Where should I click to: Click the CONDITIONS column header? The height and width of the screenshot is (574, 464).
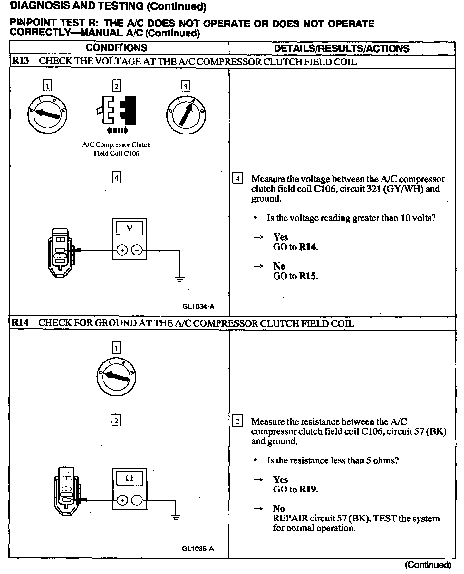click(x=116, y=48)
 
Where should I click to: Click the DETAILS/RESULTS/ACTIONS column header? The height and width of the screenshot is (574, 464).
click(x=342, y=49)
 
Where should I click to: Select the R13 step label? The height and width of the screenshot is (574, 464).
click(x=20, y=61)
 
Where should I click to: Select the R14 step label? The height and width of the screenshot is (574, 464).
click(x=20, y=323)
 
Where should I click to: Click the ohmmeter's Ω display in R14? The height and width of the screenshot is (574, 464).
click(x=129, y=478)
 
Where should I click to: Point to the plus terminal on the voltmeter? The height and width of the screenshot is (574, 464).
click(x=122, y=250)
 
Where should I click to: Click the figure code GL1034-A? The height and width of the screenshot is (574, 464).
click(x=198, y=307)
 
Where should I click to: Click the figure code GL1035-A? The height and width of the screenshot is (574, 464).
click(x=198, y=549)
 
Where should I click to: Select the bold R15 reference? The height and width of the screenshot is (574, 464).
click(x=308, y=276)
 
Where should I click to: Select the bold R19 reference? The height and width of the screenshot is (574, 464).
click(x=308, y=489)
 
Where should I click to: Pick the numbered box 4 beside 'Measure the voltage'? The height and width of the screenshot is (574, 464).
click(x=237, y=179)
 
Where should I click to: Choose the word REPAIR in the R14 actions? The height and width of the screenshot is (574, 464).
click(x=290, y=519)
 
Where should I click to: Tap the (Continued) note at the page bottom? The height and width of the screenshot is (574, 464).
click(x=428, y=565)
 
